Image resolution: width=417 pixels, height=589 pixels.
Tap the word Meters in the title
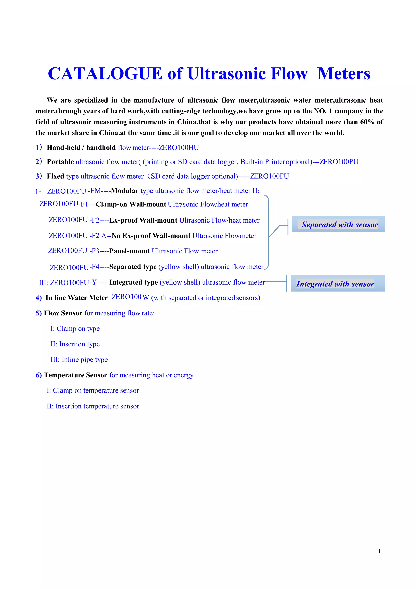click(x=343, y=74)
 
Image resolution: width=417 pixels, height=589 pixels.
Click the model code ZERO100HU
click(x=179, y=148)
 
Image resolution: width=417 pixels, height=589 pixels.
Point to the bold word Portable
click(x=60, y=162)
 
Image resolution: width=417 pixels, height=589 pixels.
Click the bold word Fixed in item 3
click(x=55, y=176)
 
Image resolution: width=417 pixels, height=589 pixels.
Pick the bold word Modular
click(x=125, y=191)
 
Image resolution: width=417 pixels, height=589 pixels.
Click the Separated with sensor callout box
click(x=338, y=224)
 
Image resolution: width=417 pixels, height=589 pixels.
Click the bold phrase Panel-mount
click(x=129, y=251)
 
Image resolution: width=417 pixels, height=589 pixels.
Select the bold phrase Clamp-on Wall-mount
click(x=131, y=204)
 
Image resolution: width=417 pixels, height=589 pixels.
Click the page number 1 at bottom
click(x=379, y=551)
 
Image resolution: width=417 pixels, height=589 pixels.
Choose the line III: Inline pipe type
click(x=79, y=359)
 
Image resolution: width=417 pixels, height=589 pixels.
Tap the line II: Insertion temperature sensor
click(x=93, y=406)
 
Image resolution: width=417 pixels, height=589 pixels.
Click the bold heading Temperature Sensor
click(x=76, y=375)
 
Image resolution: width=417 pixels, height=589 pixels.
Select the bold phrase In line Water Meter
click(x=77, y=298)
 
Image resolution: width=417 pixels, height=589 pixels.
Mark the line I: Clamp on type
click(x=75, y=329)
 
